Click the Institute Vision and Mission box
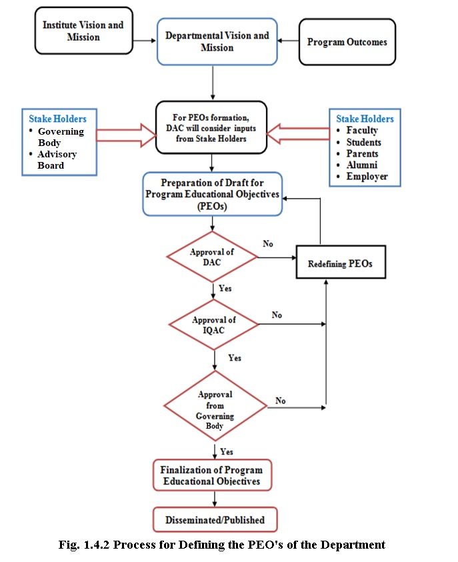click(x=83, y=31)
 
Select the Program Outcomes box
click(x=347, y=42)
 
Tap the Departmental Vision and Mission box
click(x=217, y=41)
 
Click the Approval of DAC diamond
click(x=212, y=257)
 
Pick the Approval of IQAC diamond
click(x=213, y=325)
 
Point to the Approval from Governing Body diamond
click(x=215, y=406)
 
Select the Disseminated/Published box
click(x=215, y=519)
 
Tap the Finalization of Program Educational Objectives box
click(x=212, y=475)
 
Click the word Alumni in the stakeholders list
click(x=362, y=165)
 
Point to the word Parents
click(x=362, y=153)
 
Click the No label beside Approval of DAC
click(x=268, y=244)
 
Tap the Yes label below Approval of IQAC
click(x=235, y=358)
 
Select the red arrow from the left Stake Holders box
click(x=126, y=135)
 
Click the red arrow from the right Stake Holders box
click(x=298, y=134)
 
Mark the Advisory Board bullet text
click(x=57, y=160)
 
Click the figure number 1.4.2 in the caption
click(x=96, y=545)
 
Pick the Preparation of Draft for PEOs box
click(x=213, y=194)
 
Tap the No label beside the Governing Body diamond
click(x=281, y=401)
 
